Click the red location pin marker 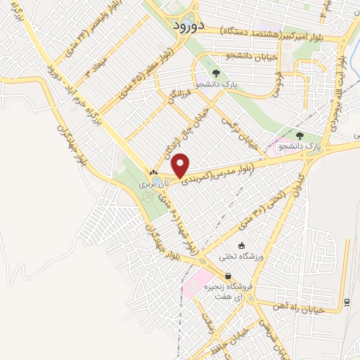pos(181,165)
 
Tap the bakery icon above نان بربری pos(154,172)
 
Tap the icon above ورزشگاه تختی pos(243,246)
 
